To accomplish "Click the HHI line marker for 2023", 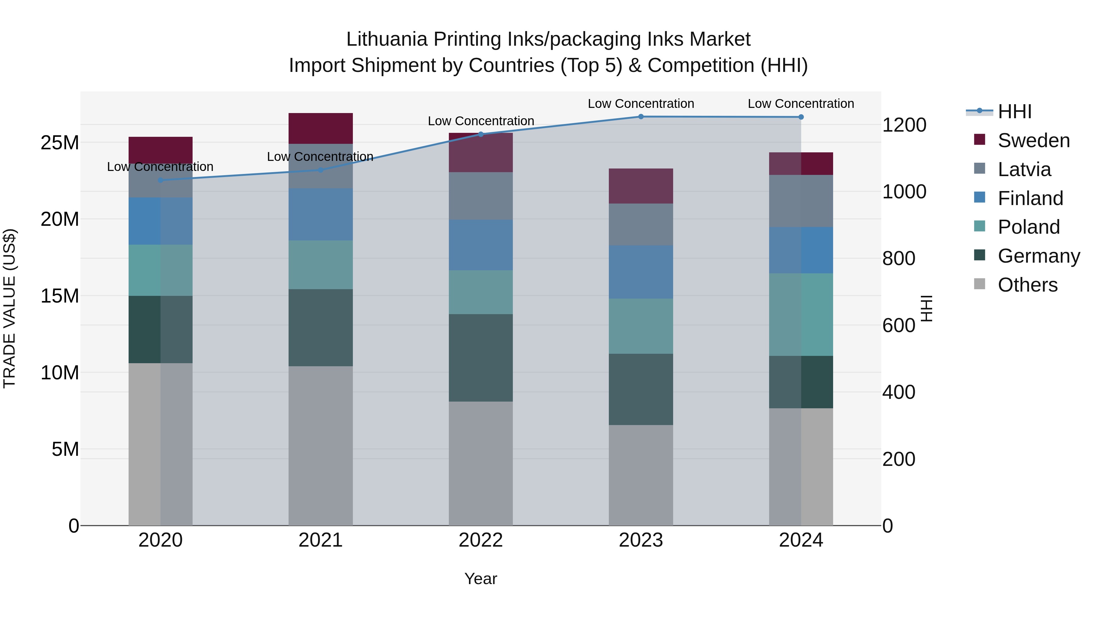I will (x=641, y=117).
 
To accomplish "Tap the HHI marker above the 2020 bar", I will (x=161, y=180).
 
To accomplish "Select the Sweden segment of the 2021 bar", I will (x=320, y=128).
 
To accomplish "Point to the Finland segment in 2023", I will (x=641, y=272).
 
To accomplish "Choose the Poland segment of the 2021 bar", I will (x=320, y=264).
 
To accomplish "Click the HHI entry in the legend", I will (x=1014, y=112).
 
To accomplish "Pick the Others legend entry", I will (x=1027, y=285).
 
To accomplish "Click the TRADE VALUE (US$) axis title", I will (x=9, y=308).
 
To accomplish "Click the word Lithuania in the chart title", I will (x=386, y=39).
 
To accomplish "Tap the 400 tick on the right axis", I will (x=899, y=392).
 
